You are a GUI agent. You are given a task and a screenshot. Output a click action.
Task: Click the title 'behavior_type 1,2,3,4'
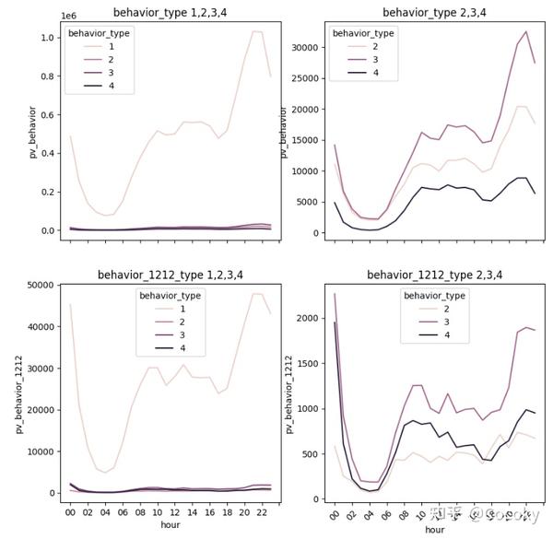click(167, 12)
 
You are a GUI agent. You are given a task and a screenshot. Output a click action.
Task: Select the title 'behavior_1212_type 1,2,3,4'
click(167, 275)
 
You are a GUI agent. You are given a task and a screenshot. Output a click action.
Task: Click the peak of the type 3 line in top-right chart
click(526, 31)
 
